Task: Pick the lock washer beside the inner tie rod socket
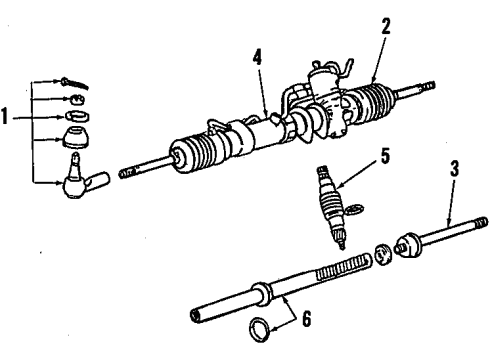(x=383, y=254)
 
